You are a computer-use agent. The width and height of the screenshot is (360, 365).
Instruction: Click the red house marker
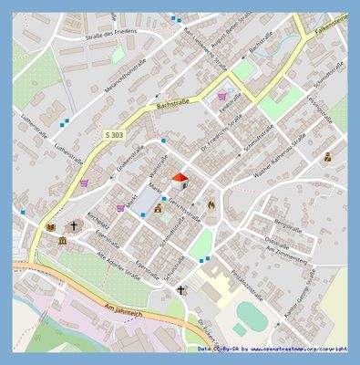[180, 178]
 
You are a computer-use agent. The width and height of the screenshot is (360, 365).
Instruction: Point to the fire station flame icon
[211, 205]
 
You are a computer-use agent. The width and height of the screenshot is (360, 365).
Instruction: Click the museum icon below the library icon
[62, 240]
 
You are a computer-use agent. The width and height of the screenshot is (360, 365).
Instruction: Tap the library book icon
[50, 226]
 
